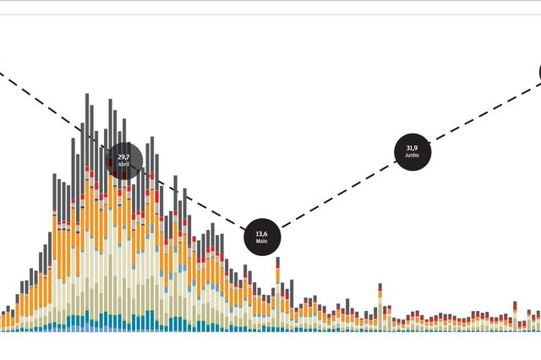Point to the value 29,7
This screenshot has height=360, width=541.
[x=124, y=157]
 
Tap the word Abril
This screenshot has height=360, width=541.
[x=124, y=165]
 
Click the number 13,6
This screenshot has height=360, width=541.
[x=261, y=234]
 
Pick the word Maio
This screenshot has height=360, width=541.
[x=261, y=242]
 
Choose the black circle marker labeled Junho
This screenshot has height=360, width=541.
[x=412, y=152]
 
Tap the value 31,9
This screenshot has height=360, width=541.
[x=412, y=149]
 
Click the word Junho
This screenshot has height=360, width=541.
[x=412, y=156]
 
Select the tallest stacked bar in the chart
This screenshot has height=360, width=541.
[x=88, y=211]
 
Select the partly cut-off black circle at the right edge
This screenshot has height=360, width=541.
[x=538, y=74]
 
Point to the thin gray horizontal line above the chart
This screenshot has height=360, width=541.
[x=270, y=14]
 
